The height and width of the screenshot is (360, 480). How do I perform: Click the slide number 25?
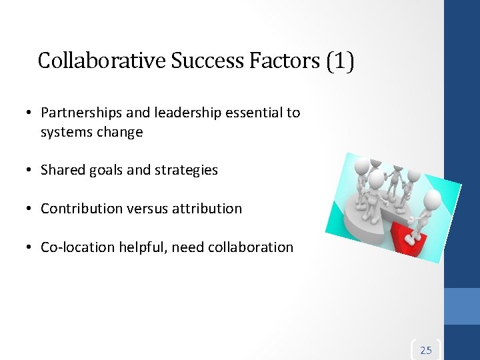(x=426, y=350)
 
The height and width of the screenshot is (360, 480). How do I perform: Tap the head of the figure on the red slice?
(x=431, y=199)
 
